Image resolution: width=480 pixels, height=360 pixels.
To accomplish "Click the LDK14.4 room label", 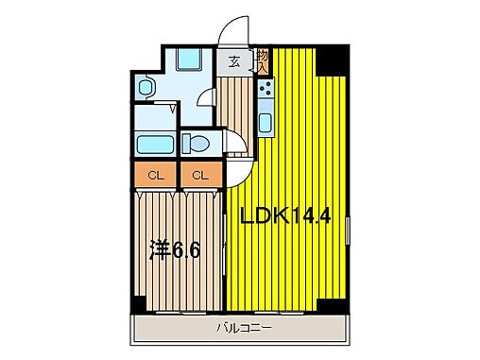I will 284,215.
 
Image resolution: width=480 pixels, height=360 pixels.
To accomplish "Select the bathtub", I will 155,146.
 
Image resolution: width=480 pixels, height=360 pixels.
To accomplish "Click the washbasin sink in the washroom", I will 146,88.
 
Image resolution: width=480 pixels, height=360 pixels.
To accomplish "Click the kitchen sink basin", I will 266,124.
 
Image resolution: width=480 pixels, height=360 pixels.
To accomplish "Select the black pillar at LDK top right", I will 333,60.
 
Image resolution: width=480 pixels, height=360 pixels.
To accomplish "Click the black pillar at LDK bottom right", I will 332,306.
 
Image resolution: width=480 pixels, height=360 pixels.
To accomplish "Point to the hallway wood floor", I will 236,109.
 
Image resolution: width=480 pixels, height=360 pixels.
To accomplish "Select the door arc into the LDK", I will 238,172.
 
